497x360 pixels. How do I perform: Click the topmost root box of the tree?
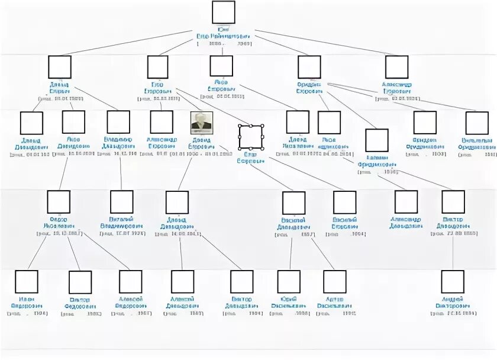click(223, 12)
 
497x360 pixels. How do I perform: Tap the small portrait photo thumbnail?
click(201, 122)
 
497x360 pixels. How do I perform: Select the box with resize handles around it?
click(250, 137)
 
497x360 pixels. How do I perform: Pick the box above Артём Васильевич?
click(334, 282)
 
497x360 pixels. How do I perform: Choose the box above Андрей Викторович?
click(453, 282)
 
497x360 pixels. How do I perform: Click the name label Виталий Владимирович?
click(122, 223)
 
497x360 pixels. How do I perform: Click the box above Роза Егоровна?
click(221, 66)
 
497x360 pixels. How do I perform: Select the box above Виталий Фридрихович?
click(476, 123)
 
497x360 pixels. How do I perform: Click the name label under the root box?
click(223, 33)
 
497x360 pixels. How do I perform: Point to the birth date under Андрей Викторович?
click(453, 312)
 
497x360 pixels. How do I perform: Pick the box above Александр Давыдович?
click(406, 202)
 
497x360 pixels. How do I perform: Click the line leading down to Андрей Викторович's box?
click(453, 255)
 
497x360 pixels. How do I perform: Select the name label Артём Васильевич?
click(334, 302)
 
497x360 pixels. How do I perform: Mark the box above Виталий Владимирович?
click(122, 202)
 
